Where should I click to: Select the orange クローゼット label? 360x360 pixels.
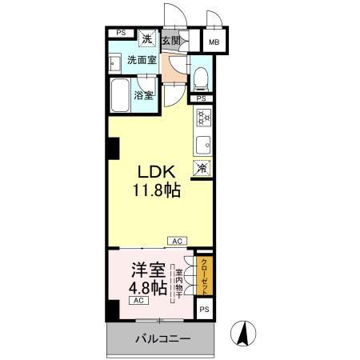click(205, 275)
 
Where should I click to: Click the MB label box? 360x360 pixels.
click(214, 42)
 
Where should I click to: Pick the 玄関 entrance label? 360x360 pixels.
click(170, 38)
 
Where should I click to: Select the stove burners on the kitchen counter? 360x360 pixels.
click(203, 118)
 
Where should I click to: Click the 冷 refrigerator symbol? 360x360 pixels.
click(203, 169)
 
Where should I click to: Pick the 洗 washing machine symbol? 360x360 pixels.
click(147, 38)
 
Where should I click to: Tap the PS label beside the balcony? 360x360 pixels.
click(205, 309)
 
